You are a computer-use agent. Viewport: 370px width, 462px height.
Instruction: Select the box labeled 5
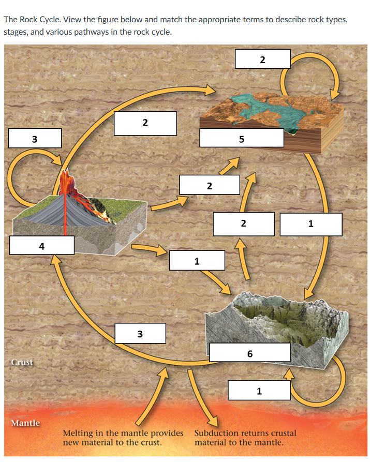(241, 139)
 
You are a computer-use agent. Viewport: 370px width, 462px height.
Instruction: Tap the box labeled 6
(250, 354)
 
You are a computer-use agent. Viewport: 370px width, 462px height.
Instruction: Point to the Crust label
(22, 362)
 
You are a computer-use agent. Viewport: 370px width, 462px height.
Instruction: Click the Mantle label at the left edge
(25, 423)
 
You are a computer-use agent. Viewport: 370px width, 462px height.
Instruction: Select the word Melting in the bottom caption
(79, 433)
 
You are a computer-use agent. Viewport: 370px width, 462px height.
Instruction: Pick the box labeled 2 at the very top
(262, 59)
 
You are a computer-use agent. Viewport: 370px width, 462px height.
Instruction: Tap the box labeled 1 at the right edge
(310, 224)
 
